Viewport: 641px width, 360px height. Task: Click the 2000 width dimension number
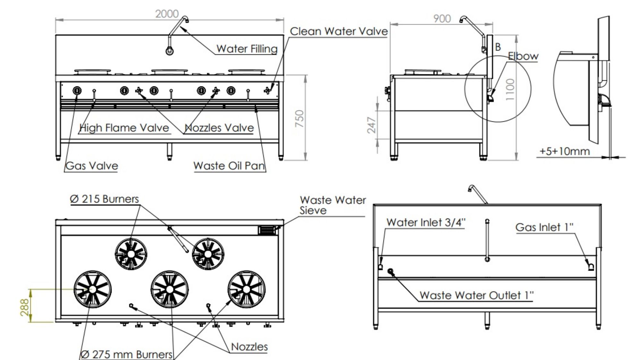(167, 14)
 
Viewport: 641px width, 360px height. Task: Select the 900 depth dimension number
(442, 19)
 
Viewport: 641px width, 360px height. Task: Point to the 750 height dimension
(299, 118)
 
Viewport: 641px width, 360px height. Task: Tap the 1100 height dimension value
(510, 89)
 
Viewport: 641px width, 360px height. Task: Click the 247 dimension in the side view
(371, 125)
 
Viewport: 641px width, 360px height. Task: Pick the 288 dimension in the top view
(24, 307)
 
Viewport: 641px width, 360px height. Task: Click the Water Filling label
(246, 49)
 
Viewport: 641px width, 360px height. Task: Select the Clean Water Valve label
(338, 31)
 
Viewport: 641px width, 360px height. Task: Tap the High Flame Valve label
(124, 128)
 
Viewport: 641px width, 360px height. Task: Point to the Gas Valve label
(92, 166)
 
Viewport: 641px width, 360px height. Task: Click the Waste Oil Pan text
(229, 166)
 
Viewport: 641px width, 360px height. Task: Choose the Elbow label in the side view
(523, 56)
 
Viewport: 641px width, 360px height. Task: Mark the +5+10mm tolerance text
(564, 151)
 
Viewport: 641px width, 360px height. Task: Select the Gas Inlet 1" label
(544, 227)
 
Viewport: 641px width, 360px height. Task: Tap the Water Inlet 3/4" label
(426, 222)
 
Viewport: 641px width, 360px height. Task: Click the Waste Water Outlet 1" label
(476, 295)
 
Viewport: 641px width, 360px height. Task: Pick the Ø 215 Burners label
(104, 199)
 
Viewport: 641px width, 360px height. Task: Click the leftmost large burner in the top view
(92, 289)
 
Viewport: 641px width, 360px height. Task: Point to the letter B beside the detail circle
(498, 47)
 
